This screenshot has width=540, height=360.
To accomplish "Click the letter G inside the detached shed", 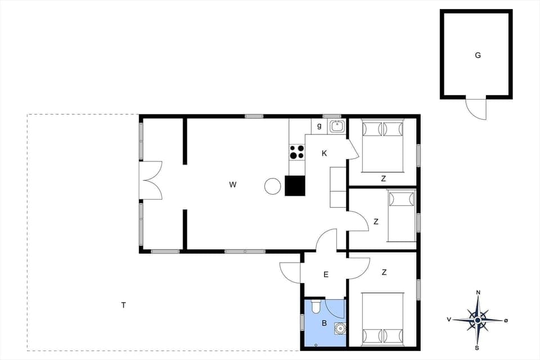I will coord(478,55).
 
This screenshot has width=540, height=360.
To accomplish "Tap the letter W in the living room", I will coord(232,184).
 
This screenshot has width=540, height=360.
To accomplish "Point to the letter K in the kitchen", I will coord(325,154).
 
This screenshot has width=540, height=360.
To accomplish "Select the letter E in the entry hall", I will coord(326,275).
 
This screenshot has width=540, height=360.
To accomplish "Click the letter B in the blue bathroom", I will coord(324,323).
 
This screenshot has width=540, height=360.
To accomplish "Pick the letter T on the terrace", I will coord(123,305).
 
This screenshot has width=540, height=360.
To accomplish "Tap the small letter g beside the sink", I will coord(319,126).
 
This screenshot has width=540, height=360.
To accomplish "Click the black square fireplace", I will coord(295,186).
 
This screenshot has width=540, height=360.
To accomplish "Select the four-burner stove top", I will coord(297,152).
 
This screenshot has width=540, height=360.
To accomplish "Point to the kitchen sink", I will coord(337,126).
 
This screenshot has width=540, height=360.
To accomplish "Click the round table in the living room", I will coord(273,186).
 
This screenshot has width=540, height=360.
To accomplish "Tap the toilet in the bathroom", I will coord(316,307).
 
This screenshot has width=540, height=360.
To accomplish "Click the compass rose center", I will coord(478,320).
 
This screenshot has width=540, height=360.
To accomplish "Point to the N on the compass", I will coord(478,292).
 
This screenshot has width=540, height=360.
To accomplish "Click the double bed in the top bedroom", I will coord(382,146).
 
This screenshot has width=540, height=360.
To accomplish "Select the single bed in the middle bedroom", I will coord(401,217).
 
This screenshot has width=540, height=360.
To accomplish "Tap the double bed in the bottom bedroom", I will coord(382,318).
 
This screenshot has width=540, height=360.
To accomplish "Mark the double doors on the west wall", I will coord(151,180).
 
